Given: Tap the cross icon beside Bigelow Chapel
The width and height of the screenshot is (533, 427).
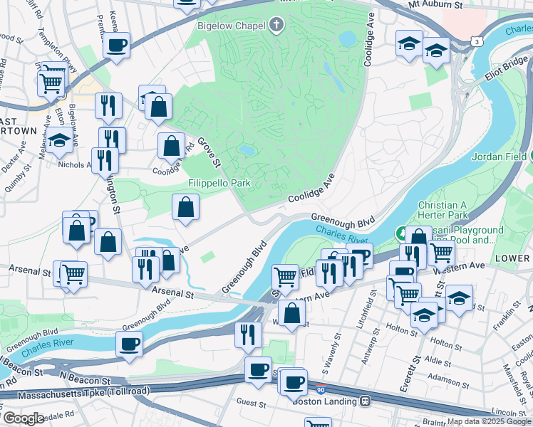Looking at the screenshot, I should [x=276, y=26].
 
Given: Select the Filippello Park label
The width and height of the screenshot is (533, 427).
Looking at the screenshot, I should [x=219, y=183].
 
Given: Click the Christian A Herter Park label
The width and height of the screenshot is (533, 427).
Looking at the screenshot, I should [x=452, y=209].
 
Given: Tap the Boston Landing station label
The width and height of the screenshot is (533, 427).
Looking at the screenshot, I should [x=324, y=401].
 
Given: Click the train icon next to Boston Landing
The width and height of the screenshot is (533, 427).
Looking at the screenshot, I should [x=366, y=401].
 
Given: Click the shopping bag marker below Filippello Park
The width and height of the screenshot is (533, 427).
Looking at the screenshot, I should [x=185, y=207].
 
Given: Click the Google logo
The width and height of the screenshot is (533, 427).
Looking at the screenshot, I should [x=23, y=419].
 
